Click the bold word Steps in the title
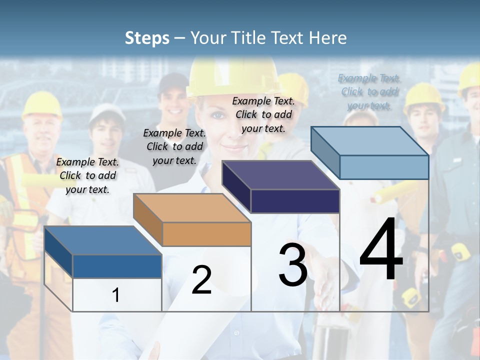click(146, 38)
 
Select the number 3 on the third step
click(292, 265)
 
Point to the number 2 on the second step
click(201, 280)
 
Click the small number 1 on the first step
click(116, 295)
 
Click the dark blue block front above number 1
click(117, 266)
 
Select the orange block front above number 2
click(206, 234)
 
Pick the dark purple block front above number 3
click(295, 201)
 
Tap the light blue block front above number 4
click(383, 167)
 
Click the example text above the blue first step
click(87, 175)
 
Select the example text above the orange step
click(174, 146)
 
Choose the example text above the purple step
click(263, 114)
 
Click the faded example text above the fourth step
click(369, 91)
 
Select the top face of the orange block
click(191, 208)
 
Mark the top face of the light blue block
click(370, 141)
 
